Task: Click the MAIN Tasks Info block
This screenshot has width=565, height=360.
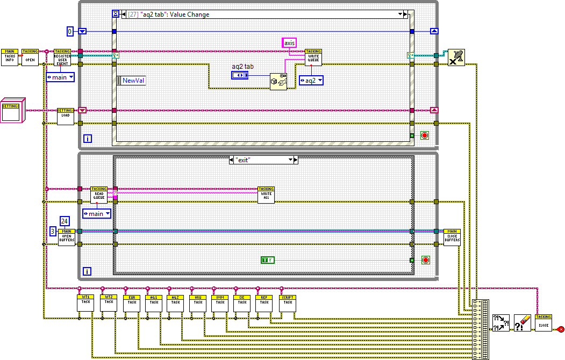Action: pos(9,57)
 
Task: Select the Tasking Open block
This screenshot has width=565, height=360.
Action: pos(30,57)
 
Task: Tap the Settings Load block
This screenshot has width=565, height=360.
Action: pos(65,116)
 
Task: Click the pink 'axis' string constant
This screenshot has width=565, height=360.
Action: pos(289,42)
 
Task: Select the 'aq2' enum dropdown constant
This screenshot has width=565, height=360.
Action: pos(311,80)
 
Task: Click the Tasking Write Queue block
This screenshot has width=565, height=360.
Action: pos(313,57)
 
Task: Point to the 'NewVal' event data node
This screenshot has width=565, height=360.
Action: pos(131,80)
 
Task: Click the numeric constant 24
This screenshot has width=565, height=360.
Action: pos(65,221)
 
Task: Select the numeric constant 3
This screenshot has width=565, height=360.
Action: pos(53,231)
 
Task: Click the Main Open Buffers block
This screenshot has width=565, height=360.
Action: pos(67,237)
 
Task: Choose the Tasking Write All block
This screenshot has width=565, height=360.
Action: pos(266,195)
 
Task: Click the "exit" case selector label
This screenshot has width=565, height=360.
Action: pos(263,160)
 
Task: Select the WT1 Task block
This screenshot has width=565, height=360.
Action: pos(85,303)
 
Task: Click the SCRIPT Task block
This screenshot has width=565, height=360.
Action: pos(288,303)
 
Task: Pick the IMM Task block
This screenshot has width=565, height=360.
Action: pos(220,303)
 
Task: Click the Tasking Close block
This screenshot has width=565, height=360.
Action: pos(543,322)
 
